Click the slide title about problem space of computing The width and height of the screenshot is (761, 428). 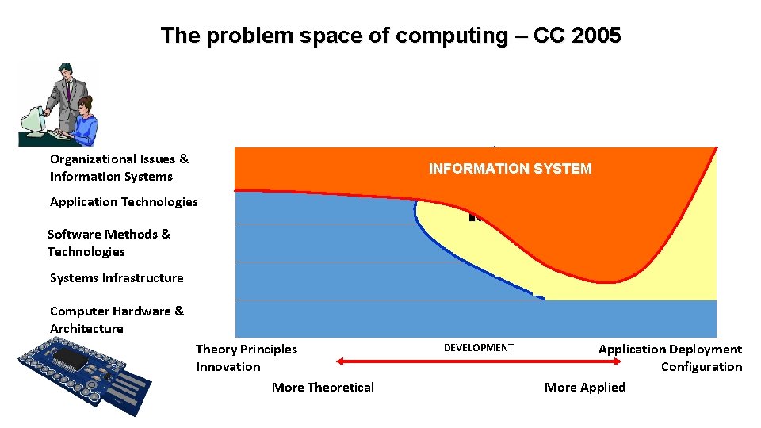coord(390,36)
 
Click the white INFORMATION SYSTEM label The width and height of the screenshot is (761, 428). coord(510,169)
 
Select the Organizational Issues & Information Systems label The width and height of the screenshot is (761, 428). coord(119,168)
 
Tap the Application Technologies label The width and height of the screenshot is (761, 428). coord(124,202)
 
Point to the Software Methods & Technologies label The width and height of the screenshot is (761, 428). coord(109,243)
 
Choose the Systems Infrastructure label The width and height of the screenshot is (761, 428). coord(117,278)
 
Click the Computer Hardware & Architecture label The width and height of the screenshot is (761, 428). coord(117,319)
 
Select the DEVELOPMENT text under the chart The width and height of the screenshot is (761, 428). coord(478,348)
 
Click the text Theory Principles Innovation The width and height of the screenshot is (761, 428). coord(246,357)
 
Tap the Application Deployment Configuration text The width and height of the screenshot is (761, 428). coord(670,357)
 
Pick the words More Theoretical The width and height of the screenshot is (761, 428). coord(323,387)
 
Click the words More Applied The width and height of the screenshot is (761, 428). coord(585,387)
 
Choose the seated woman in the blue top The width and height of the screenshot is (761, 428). coord(83,123)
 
